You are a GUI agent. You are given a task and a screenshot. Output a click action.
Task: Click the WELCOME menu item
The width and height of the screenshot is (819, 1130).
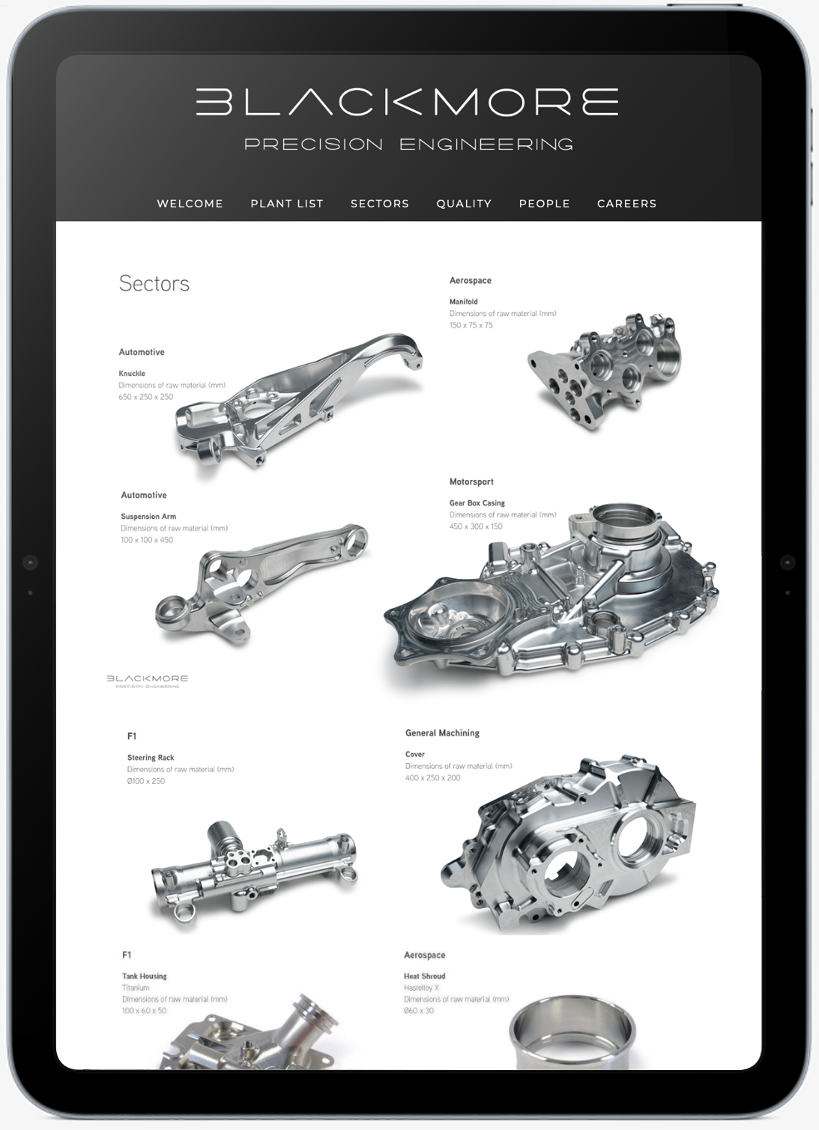(x=190, y=204)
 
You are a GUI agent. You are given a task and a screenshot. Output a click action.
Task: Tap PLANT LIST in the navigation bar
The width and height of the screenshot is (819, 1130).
(x=287, y=204)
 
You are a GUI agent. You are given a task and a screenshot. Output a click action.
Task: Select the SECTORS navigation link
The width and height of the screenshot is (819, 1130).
(x=380, y=204)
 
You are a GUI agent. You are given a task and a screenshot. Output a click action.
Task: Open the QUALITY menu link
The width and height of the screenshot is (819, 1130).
(x=464, y=204)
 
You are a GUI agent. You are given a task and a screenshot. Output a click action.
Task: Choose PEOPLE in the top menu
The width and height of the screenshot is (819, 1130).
(x=544, y=204)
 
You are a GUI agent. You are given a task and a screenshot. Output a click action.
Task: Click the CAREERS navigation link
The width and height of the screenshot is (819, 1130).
(x=626, y=204)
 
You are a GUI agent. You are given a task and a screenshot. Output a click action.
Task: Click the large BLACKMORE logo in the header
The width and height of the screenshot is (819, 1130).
(x=407, y=102)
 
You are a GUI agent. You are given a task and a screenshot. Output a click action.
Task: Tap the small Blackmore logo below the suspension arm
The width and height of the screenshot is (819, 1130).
(x=148, y=681)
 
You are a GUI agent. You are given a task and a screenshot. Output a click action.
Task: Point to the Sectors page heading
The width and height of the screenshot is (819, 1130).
(x=154, y=284)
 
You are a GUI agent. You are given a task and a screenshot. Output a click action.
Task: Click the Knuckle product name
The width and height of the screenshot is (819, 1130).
(x=132, y=374)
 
